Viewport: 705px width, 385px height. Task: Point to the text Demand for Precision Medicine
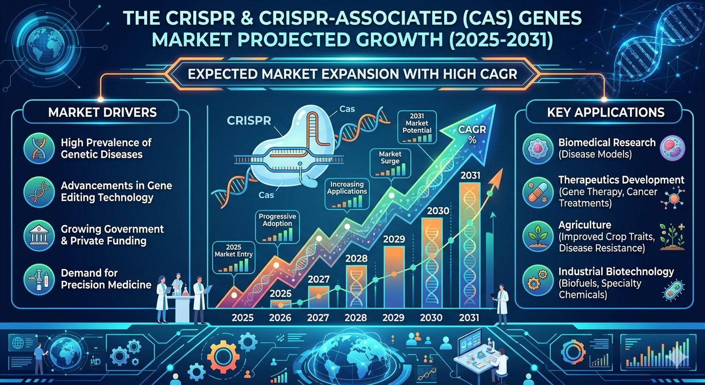(x=106, y=279)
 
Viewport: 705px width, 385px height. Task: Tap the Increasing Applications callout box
(x=346, y=195)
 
